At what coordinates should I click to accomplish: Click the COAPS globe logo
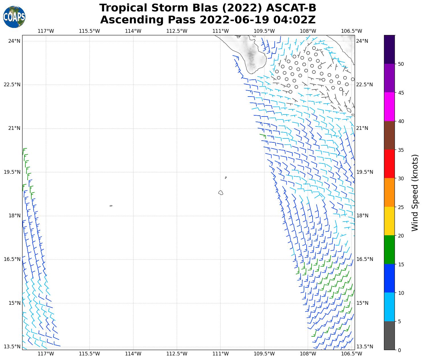[x=14, y=17]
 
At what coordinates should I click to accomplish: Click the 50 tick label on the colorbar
[x=401, y=64]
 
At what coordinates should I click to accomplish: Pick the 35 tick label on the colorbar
[x=401, y=150]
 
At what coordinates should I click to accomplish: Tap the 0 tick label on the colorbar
[x=399, y=350]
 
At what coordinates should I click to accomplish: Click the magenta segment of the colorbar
[x=389, y=107]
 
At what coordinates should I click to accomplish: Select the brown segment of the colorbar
[x=389, y=135]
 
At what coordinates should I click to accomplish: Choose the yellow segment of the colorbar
[x=389, y=221]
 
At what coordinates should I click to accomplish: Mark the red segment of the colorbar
[x=389, y=164]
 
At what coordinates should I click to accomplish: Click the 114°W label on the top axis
[x=133, y=31]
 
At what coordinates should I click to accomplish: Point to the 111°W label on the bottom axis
[x=221, y=354]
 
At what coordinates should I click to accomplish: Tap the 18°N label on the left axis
[x=15, y=216]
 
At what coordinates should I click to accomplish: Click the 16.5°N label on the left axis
[x=12, y=259]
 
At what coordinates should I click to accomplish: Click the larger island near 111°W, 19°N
[x=221, y=193]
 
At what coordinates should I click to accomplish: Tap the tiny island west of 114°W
[x=111, y=206]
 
